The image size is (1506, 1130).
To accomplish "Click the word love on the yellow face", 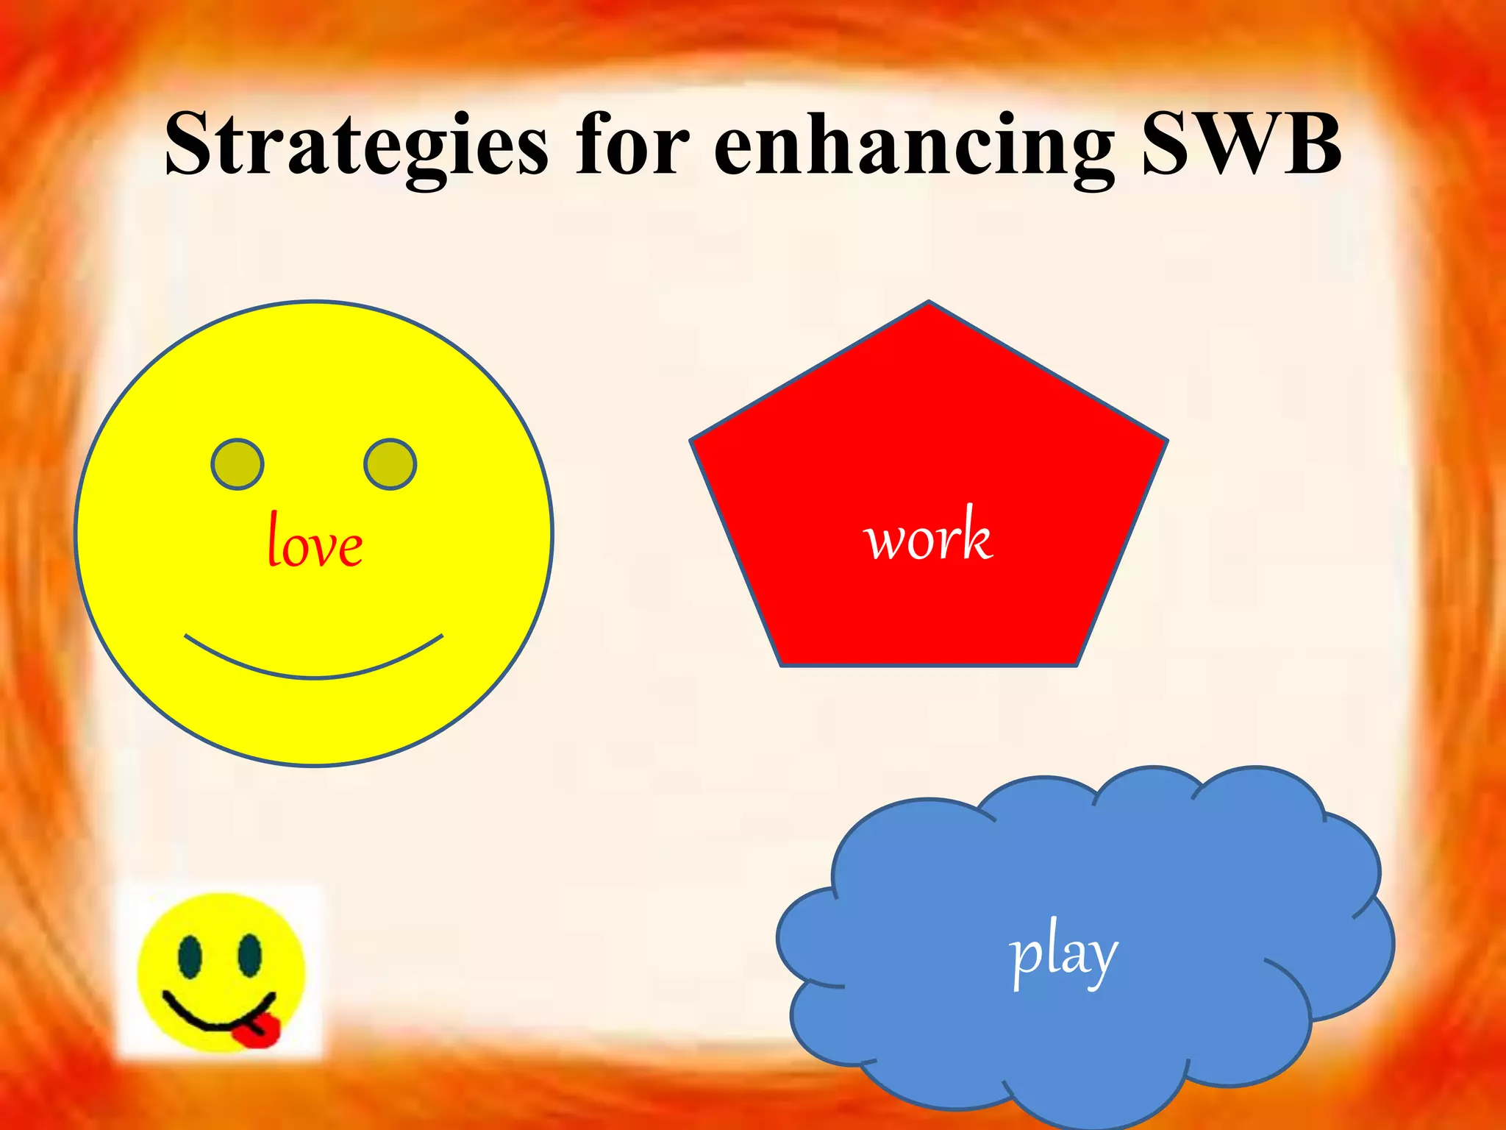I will point(315,541).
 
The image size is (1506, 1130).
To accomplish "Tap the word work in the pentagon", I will point(929,536).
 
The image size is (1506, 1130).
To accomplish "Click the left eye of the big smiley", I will point(238,464).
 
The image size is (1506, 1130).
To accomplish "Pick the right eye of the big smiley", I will point(390,464).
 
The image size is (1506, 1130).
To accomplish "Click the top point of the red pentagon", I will point(929,303).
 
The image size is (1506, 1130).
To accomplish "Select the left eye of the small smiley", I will point(190,956).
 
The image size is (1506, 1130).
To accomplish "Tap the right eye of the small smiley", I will point(249,955).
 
